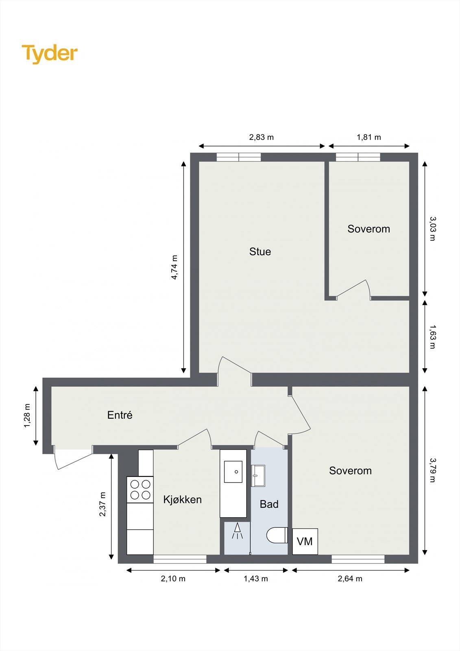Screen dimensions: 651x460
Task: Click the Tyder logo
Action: pyautogui.click(x=50, y=53)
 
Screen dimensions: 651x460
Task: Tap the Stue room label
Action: pyautogui.click(x=260, y=251)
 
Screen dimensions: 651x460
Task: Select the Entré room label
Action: pyautogui.click(x=120, y=415)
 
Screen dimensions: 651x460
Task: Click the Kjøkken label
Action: pyautogui.click(x=182, y=499)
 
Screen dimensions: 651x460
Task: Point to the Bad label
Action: pyautogui.click(x=269, y=504)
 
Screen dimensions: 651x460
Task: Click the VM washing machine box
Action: pyautogui.click(x=305, y=542)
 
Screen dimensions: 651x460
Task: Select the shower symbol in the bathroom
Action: pyautogui.click(x=237, y=531)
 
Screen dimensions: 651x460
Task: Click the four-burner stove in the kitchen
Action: pyautogui.click(x=140, y=489)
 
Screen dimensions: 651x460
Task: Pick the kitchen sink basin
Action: pyautogui.click(x=233, y=472)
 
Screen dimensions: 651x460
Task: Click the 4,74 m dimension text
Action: pyautogui.click(x=174, y=267)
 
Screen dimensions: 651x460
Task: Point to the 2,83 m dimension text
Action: pyautogui.click(x=261, y=137)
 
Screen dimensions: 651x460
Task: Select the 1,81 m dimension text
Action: pyautogui.click(x=368, y=137)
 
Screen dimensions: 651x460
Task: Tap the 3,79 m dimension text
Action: pyautogui.click(x=432, y=470)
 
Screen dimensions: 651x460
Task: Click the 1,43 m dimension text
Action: pyautogui.click(x=255, y=579)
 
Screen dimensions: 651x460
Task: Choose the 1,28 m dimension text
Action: pyautogui.click(x=27, y=415)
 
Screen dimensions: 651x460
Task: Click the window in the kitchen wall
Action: pyautogui.click(x=180, y=559)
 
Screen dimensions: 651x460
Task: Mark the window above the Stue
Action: pyautogui.click(x=239, y=157)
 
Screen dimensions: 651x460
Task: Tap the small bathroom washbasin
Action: pyautogui.click(x=258, y=476)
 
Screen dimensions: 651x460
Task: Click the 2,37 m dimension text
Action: pyautogui.click(x=102, y=504)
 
